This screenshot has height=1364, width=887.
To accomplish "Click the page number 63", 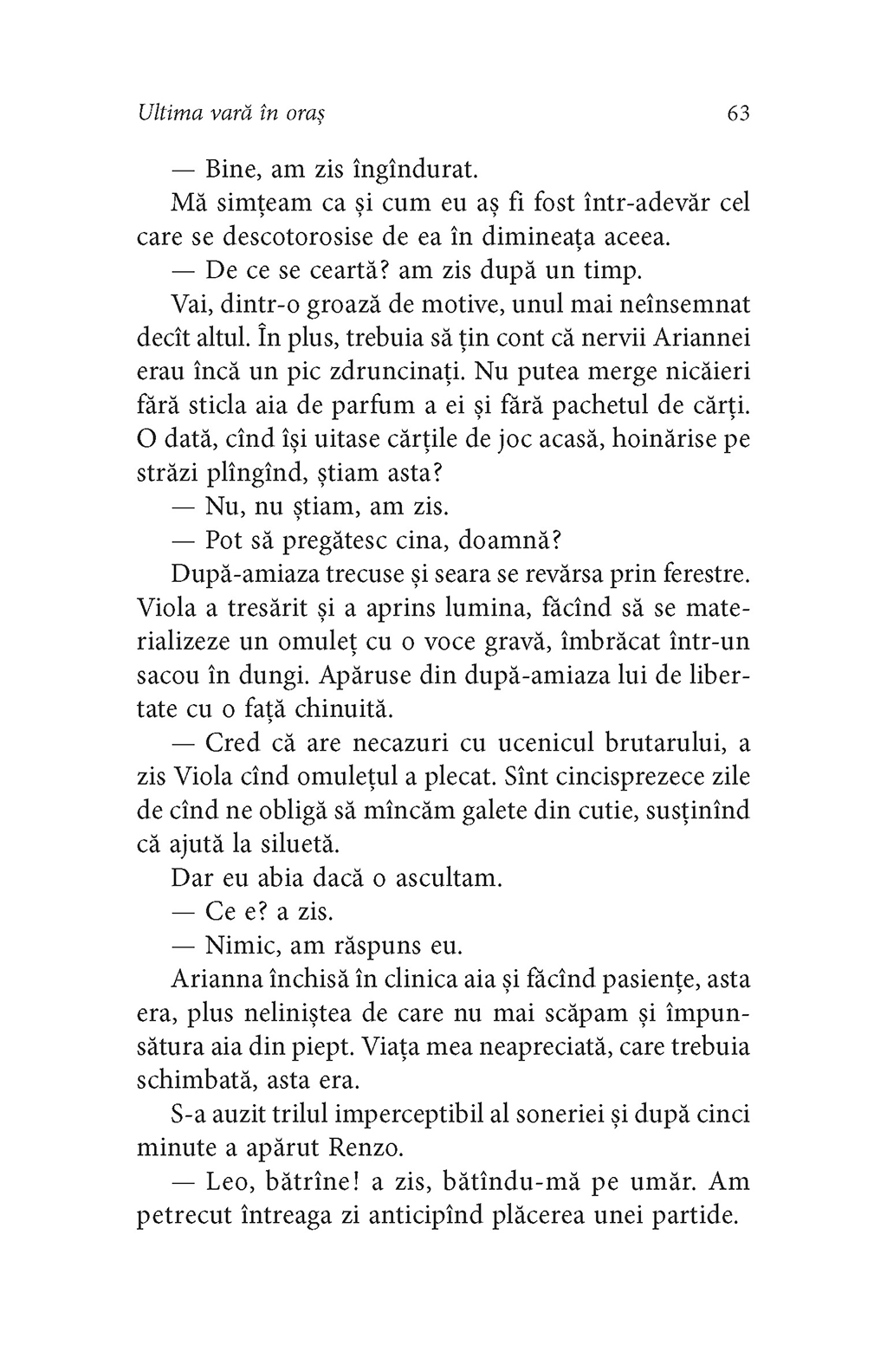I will point(738,113).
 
